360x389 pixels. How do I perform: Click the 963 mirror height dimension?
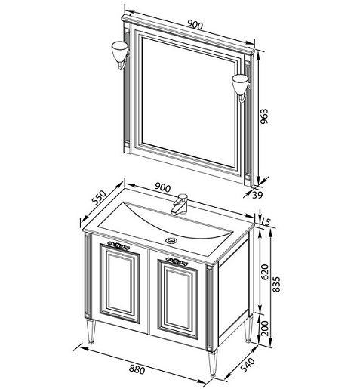264,116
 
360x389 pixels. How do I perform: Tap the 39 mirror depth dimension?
257,195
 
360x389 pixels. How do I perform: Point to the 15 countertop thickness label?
265,221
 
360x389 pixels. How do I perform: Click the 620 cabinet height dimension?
265,272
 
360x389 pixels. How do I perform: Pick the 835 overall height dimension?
276,284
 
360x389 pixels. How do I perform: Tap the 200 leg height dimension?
265,329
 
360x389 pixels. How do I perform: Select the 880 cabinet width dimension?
137,369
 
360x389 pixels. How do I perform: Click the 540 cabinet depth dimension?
248,365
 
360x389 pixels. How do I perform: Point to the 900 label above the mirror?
195,25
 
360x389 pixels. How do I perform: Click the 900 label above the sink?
162,187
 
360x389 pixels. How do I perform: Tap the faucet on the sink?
179,204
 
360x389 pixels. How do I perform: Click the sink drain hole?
171,240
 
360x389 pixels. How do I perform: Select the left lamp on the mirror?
120,55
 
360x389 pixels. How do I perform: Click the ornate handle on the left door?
118,245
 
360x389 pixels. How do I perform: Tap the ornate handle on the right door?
177,261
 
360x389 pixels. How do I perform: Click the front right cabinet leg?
213,363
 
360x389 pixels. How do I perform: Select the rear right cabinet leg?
248,329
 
